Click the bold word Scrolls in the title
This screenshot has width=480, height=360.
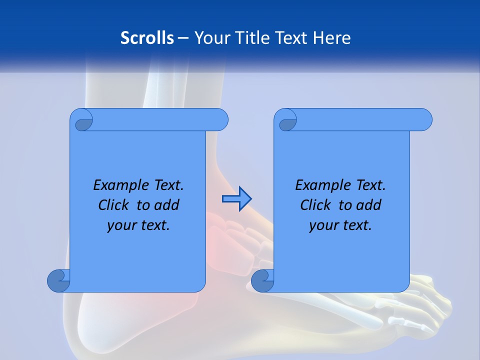pyautogui.click(x=147, y=38)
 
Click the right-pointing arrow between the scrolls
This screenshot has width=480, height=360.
pyautogui.click(x=236, y=199)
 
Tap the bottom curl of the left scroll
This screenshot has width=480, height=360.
pyautogui.click(x=59, y=281)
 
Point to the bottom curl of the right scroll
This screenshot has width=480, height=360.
pyautogui.click(x=262, y=281)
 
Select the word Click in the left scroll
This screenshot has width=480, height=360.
pyautogui.click(x=114, y=205)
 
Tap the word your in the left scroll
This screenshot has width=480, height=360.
pyautogui.click(x=121, y=225)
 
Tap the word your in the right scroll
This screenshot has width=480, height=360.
pyautogui.click(x=323, y=225)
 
